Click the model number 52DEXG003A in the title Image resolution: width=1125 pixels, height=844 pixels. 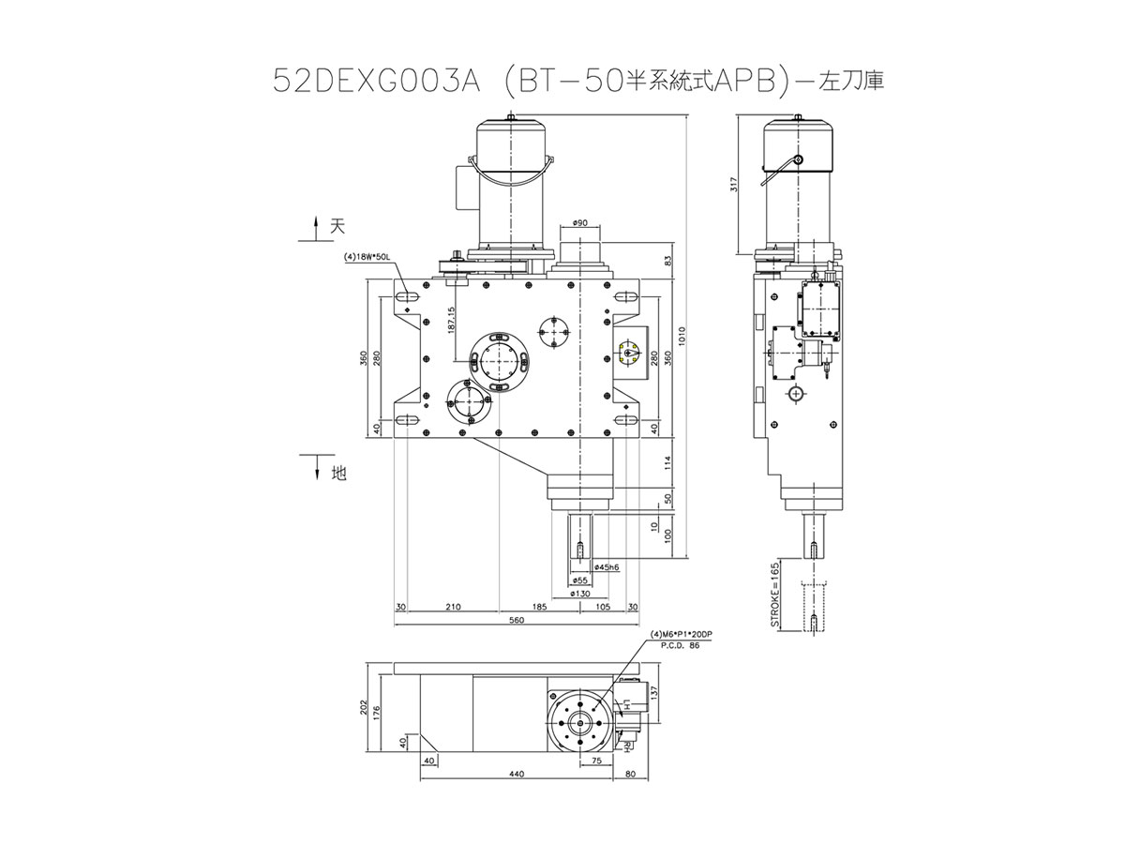[375, 83]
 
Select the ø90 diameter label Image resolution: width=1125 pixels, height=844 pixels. [578, 223]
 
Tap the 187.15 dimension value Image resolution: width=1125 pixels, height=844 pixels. [451, 321]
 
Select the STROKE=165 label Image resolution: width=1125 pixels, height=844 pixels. [775, 595]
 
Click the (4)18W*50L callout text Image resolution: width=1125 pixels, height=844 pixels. [366, 255]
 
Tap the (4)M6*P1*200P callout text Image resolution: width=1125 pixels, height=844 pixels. [683, 635]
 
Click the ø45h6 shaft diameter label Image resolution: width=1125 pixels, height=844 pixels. [607, 568]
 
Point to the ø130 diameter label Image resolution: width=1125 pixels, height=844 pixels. [580, 594]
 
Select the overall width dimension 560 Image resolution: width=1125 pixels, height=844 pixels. [516, 621]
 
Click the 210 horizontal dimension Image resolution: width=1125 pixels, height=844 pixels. [454, 608]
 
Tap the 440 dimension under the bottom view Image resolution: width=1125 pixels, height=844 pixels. [516, 775]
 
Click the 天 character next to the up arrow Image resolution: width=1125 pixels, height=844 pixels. [338, 226]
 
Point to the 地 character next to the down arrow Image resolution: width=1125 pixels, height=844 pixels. [338, 475]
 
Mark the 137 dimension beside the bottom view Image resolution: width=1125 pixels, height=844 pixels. [654, 691]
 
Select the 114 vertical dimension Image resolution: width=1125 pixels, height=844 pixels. [667, 462]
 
